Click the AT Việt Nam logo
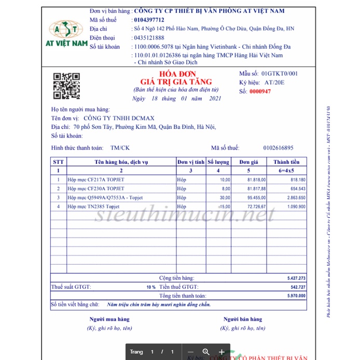(68, 34)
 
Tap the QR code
(67, 86)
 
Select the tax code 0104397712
(149, 20)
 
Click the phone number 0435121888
(149, 37)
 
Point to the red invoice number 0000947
(260, 91)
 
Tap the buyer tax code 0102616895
(278, 148)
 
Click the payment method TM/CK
(120, 148)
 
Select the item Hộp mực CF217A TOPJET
(96, 179)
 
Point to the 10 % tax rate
(150, 287)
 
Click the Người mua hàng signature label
(109, 319)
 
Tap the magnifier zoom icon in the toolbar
(206, 352)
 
